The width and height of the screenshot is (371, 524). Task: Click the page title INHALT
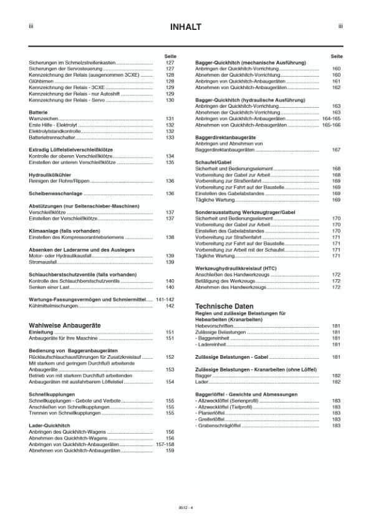point(185,27)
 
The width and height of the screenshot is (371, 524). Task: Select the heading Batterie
point(39,112)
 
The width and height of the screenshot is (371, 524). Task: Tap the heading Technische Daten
point(224,307)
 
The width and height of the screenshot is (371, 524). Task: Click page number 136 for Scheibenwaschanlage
point(169,194)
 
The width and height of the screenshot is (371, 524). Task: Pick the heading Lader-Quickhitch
point(50,425)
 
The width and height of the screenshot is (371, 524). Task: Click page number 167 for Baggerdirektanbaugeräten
point(336,150)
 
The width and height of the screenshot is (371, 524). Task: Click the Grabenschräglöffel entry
point(220,425)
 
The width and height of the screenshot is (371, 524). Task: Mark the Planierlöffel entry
point(213,412)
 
